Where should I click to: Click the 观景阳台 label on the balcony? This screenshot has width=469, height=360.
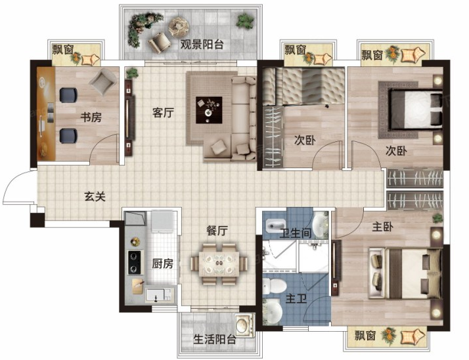tap(202, 44)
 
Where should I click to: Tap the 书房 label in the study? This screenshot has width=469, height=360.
tap(91, 117)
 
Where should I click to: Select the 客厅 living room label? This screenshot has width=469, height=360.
tap(163, 112)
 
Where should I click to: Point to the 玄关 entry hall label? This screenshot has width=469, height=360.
tap(95, 196)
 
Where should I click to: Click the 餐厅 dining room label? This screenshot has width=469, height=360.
tap(217, 231)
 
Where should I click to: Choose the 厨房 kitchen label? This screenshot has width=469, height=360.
tap(162, 263)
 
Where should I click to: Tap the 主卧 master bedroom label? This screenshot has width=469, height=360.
tap(382, 227)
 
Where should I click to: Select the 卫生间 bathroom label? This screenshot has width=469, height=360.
tap(296, 233)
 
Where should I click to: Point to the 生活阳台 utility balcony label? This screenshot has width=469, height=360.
tap(215, 340)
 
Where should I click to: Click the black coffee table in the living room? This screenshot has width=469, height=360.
tap(209, 110)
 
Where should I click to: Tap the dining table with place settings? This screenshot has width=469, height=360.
tap(219, 263)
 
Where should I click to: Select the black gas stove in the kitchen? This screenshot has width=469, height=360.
tap(135, 262)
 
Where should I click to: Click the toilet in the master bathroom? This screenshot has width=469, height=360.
tap(274, 286)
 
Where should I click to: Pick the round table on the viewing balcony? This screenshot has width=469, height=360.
tap(179, 26)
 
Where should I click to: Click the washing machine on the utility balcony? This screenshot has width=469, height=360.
tap(244, 325)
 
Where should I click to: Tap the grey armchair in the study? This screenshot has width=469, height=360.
tap(103, 81)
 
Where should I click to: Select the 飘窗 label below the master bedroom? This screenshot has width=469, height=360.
tap(365, 336)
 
